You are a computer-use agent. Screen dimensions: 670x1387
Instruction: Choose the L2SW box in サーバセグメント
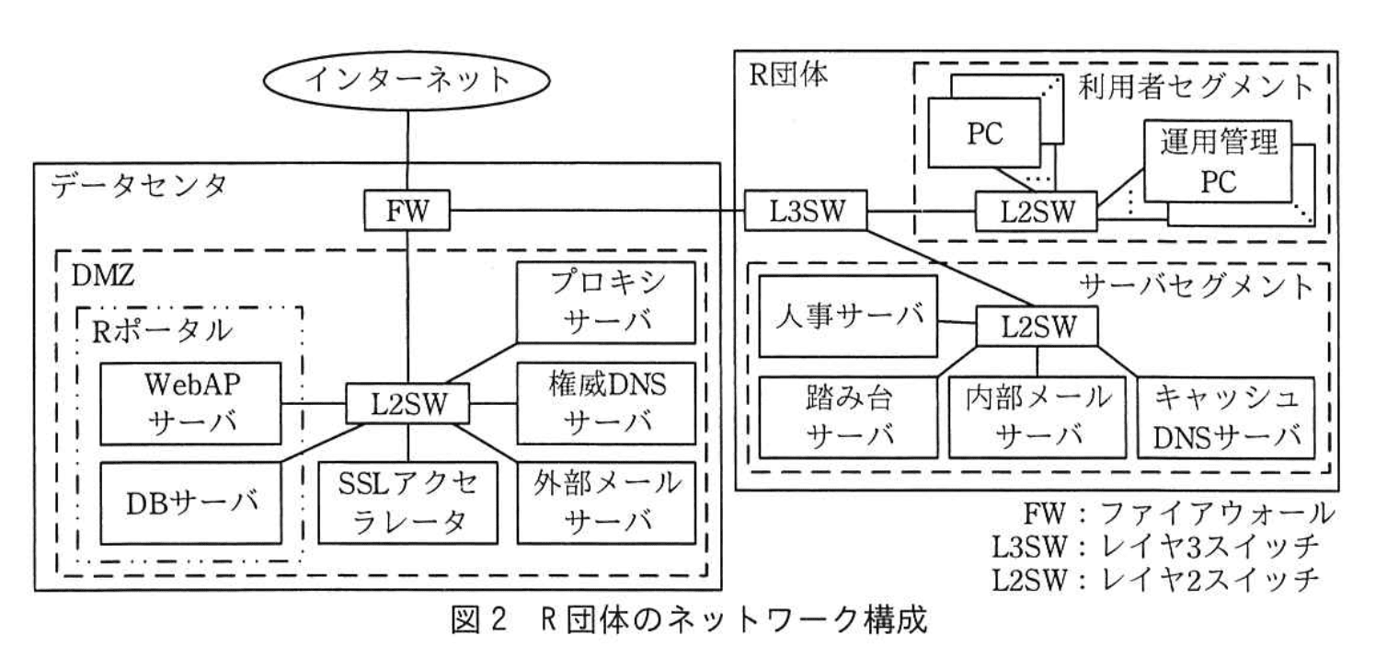1037,326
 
